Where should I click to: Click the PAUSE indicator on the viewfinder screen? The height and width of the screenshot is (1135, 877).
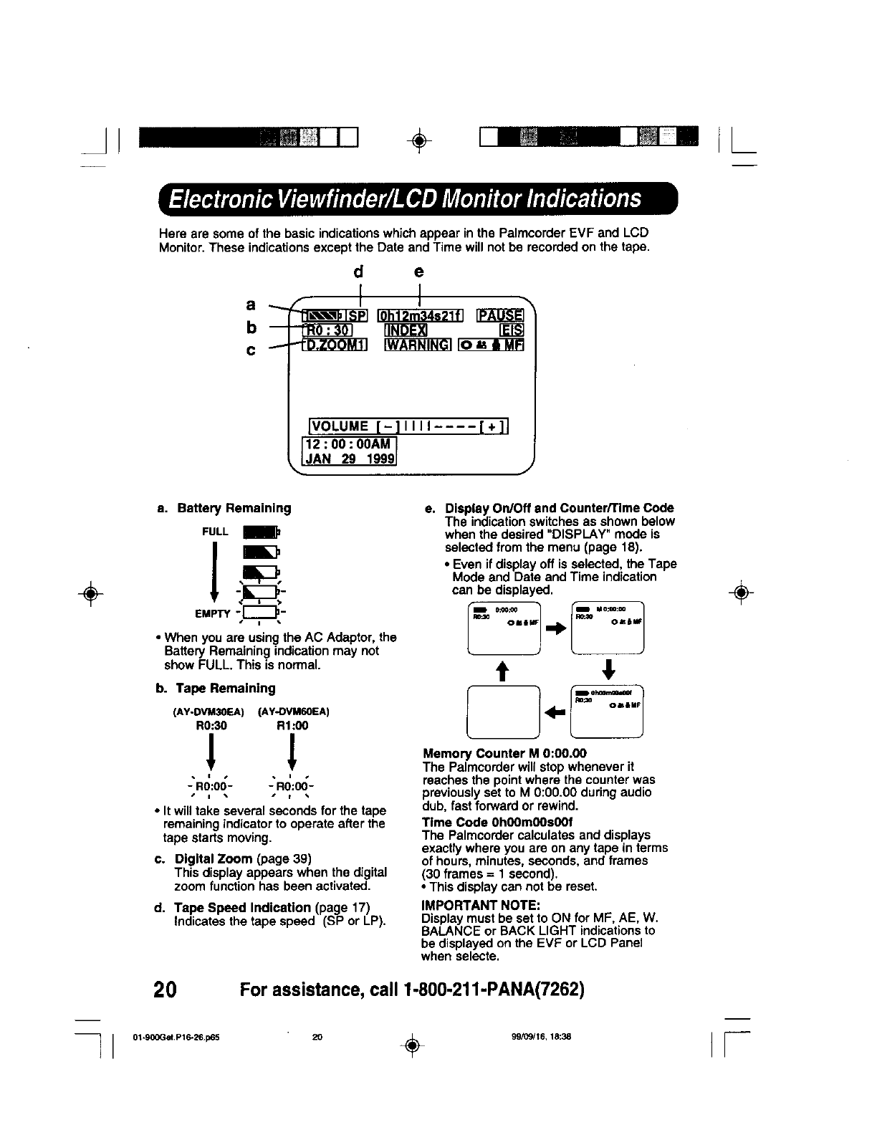tap(501, 315)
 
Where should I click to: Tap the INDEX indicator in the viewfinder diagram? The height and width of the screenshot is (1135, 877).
tap(406, 330)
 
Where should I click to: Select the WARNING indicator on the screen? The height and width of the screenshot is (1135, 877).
tap(418, 345)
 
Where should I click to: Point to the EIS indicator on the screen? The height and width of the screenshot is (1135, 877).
tap(514, 330)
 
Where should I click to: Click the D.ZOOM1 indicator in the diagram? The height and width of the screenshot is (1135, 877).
tap(335, 345)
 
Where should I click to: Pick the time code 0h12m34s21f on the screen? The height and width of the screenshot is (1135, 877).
tap(421, 315)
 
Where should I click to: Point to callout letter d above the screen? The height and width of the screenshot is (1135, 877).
tap(359, 272)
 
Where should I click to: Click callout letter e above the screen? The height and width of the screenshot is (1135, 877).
tap(419, 272)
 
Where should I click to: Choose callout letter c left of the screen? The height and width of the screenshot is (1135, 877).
tap(251, 351)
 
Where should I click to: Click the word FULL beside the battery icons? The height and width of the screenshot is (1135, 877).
tap(215, 532)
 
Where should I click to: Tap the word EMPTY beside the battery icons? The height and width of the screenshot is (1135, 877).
tap(213, 613)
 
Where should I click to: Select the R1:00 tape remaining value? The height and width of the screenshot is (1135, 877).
tap(292, 725)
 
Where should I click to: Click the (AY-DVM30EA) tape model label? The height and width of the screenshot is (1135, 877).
tap(209, 712)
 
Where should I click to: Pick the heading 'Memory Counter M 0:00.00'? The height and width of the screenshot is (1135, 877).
tap(504, 753)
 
